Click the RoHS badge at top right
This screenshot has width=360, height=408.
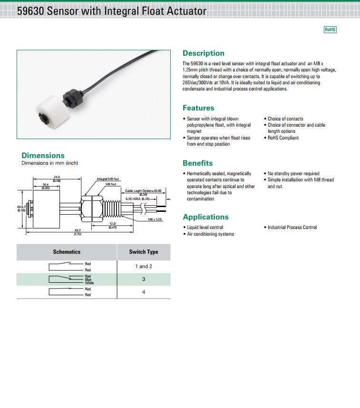click(x=330, y=30)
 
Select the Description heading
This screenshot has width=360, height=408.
click(x=203, y=53)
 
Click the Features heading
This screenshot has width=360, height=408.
click(x=198, y=108)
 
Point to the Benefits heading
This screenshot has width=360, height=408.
click(x=197, y=163)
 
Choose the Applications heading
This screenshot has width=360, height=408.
click(x=205, y=217)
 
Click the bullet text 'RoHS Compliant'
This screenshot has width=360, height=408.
click(x=283, y=138)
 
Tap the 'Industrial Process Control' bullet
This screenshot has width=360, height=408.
click(x=292, y=228)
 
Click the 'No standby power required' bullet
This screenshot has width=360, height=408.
click(x=293, y=174)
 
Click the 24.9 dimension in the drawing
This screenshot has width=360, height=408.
click(x=57, y=178)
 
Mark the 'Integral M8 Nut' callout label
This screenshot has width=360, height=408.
click(x=108, y=179)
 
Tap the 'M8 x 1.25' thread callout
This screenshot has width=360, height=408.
click(x=155, y=219)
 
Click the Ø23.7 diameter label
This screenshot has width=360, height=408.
click(x=21, y=207)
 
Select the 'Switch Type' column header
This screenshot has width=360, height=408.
click(x=144, y=252)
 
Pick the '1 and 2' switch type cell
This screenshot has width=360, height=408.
click(x=144, y=267)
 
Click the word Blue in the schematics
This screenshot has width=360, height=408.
click(x=88, y=279)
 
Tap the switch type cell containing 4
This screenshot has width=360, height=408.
click(x=144, y=292)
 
